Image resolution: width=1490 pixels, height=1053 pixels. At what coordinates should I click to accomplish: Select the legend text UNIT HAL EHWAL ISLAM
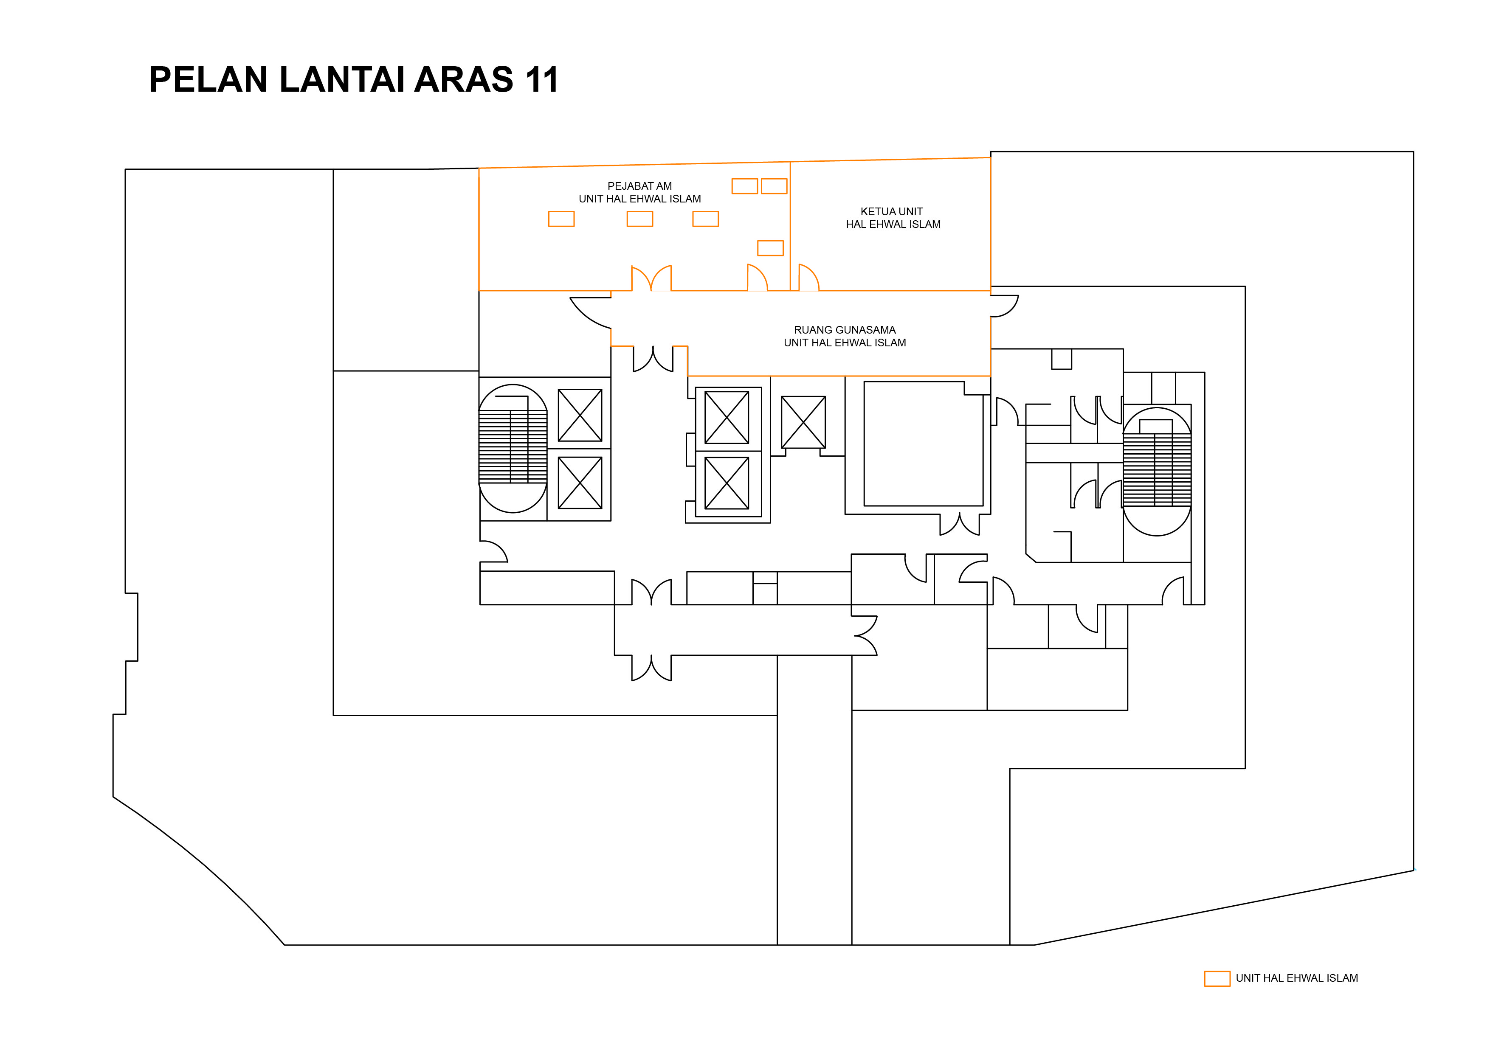click(1297, 978)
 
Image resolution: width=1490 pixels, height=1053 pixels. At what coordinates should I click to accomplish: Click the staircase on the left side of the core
click(513, 448)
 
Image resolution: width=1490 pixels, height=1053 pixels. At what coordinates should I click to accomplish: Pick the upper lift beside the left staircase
click(580, 415)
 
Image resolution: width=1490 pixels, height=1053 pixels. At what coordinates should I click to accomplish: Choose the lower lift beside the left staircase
click(580, 483)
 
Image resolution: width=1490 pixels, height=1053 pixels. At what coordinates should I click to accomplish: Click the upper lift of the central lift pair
click(727, 417)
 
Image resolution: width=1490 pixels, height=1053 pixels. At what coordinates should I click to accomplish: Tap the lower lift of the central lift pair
click(727, 483)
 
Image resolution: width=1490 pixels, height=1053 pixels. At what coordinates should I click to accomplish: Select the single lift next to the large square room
click(803, 422)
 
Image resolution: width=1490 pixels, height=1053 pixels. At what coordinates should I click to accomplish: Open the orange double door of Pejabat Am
click(651, 279)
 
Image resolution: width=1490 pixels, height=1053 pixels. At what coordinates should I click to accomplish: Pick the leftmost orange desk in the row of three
click(561, 219)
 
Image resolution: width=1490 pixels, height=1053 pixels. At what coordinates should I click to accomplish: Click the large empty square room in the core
click(923, 444)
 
